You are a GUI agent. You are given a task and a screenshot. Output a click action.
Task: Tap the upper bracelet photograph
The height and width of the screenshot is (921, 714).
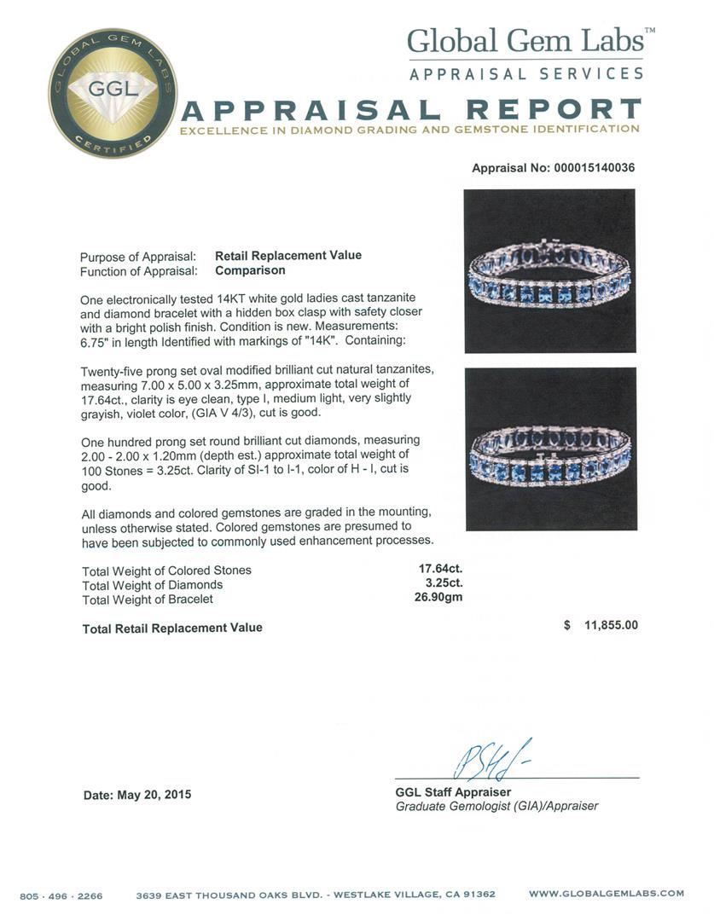point(549,270)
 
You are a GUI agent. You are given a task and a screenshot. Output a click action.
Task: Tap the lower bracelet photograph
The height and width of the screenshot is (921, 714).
point(549,449)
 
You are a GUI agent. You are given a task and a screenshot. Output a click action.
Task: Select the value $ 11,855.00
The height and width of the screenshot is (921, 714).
point(601,625)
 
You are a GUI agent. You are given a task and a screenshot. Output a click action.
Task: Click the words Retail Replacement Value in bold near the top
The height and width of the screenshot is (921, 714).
point(287,255)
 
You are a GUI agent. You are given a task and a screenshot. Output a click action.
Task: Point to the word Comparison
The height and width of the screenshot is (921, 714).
point(250,270)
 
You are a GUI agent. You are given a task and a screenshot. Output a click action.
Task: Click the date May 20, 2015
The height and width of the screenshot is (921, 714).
point(137,795)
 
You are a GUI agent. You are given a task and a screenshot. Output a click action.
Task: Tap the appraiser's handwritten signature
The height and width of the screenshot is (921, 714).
point(481,761)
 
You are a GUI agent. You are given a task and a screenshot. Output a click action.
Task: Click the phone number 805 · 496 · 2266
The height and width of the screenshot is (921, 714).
point(61,895)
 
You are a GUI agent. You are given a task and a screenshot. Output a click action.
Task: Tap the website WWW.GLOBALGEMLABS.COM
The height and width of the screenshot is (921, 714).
point(606,894)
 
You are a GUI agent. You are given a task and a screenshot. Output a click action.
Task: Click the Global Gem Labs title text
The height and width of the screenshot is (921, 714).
point(531,41)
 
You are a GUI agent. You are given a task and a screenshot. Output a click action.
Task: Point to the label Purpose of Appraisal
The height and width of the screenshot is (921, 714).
point(138,257)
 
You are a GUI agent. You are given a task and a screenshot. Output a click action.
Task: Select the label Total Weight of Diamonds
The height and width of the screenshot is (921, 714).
point(152,585)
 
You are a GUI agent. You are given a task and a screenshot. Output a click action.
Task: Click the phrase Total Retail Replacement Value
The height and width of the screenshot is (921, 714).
point(172,628)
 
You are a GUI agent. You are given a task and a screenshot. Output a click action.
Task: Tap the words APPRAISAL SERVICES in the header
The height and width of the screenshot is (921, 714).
point(526,74)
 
